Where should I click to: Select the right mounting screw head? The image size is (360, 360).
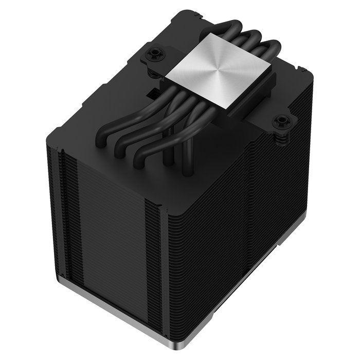281,121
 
